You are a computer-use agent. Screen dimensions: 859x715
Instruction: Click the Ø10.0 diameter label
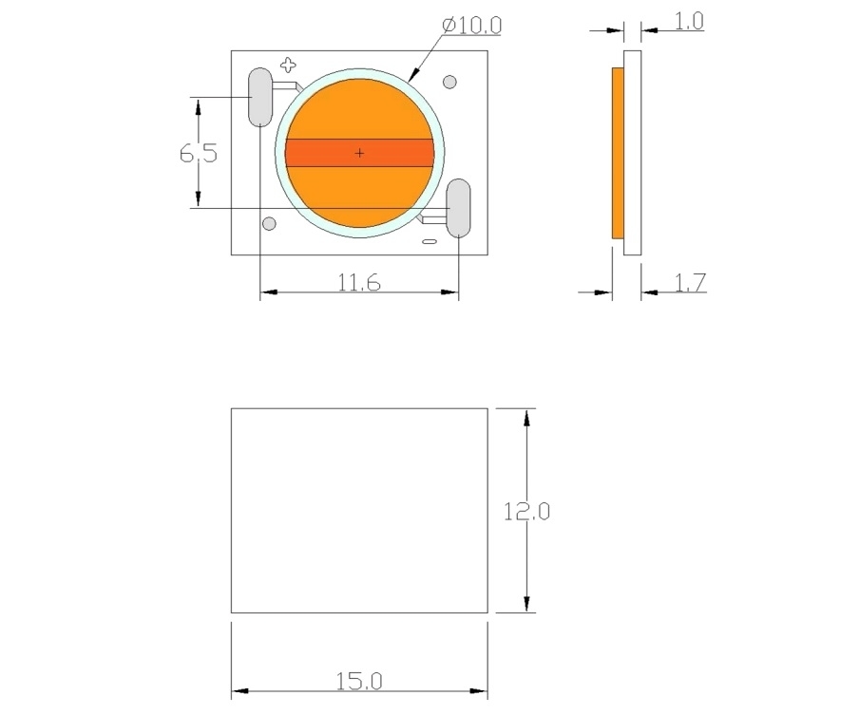(471, 26)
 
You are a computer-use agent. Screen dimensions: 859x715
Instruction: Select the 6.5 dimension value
(199, 153)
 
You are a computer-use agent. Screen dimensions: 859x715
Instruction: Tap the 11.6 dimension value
(359, 283)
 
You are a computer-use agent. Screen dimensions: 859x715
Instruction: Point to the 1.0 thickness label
(689, 21)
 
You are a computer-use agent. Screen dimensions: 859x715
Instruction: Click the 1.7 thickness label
(690, 283)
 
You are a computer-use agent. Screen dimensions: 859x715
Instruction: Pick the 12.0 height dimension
(526, 512)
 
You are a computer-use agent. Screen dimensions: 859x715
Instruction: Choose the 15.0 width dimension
(359, 681)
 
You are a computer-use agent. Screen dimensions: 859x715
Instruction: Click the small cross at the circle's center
(359, 153)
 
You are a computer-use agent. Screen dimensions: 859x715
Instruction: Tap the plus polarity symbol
(288, 66)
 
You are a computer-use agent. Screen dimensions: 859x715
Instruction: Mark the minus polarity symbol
(429, 241)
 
